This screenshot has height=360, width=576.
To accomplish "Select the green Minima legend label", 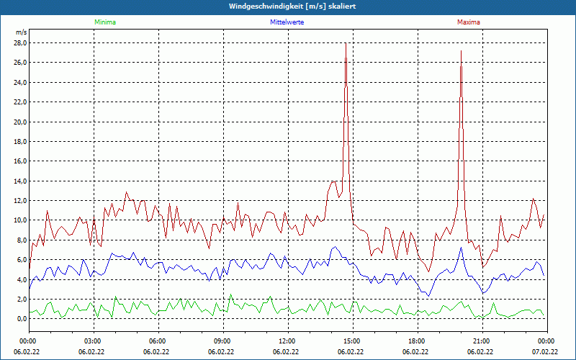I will [x=104, y=22].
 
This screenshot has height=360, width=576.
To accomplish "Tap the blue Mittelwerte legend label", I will [x=287, y=22].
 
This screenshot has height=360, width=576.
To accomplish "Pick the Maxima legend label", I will [x=468, y=22].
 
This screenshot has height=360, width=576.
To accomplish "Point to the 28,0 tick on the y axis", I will [x=19, y=43].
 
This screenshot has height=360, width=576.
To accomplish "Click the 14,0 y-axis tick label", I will [x=19, y=181].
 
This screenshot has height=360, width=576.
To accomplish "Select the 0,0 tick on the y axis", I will [x=21, y=318].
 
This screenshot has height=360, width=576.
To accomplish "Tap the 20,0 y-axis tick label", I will [x=19, y=122].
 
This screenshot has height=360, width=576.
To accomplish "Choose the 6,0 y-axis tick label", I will [x=21, y=259].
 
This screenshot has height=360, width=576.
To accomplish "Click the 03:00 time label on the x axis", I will [x=92, y=341].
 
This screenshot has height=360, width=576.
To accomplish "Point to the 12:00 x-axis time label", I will [x=287, y=341].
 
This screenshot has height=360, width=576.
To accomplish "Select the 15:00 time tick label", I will [x=351, y=341].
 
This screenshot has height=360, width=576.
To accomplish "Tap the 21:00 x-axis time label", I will [x=481, y=341].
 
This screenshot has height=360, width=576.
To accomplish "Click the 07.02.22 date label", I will [x=544, y=352].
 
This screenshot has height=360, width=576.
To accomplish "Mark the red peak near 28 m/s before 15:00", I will [x=346, y=44].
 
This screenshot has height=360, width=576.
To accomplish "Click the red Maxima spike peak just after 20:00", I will [x=461, y=51].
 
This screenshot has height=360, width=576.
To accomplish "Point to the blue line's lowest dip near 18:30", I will [x=428, y=296].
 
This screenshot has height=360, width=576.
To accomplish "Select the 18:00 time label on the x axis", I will [x=416, y=341].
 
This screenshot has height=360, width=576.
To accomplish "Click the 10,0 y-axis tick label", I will [x=19, y=220].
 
